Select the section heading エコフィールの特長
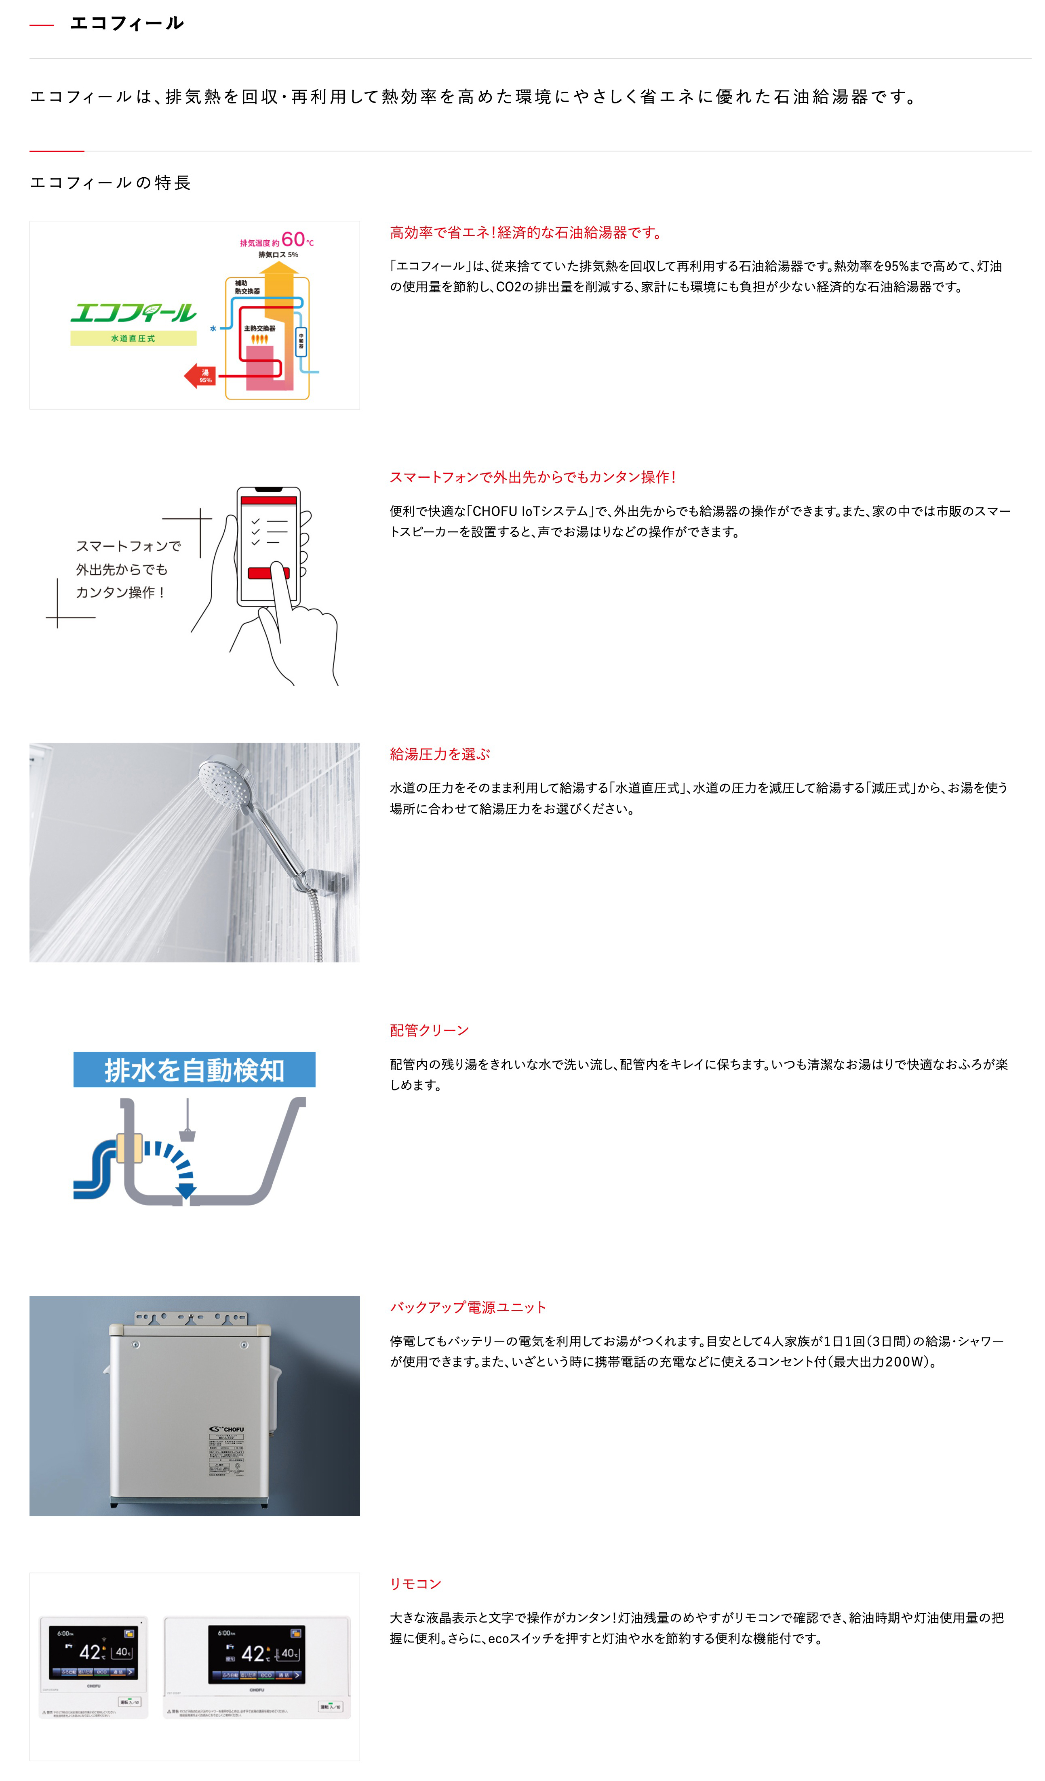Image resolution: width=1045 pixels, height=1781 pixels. pos(110,183)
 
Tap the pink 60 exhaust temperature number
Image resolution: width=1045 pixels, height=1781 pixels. pos(293,239)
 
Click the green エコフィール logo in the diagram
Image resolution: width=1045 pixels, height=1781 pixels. pos(133,313)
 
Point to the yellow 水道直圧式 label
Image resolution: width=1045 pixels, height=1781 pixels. pos(133,338)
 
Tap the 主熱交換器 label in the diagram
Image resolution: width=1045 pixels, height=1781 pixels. pos(259,329)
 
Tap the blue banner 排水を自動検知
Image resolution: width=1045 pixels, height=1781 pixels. pos(194,1070)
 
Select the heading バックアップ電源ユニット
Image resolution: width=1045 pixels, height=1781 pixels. pos(468,1308)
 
